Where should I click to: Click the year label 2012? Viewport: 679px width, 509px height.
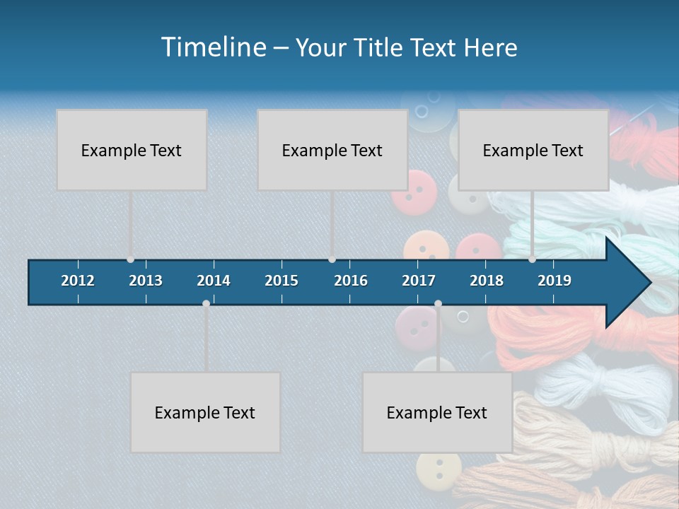click(x=78, y=281)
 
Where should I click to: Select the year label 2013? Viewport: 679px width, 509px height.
click(x=146, y=281)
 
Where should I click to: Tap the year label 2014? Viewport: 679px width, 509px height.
click(x=214, y=281)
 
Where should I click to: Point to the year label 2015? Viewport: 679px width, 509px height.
click(x=282, y=281)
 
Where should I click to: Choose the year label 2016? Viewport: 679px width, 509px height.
click(x=351, y=281)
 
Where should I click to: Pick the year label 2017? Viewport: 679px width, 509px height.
click(x=419, y=281)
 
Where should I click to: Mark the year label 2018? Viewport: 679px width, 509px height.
click(x=487, y=281)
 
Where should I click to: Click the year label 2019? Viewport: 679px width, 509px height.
click(x=555, y=281)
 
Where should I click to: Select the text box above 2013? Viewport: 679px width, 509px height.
click(x=132, y=150)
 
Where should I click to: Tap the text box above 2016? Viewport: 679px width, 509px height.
click(x=332, y=150)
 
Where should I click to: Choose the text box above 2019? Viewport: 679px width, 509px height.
click(x=533, y=150)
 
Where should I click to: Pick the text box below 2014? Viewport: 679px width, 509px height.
click(x=205, y=412)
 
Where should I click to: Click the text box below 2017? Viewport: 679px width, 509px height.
click(x=437, y=412)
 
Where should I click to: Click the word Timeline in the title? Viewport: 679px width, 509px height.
click(x=213, y=47)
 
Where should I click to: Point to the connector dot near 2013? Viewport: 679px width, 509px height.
click(x=130, y=259)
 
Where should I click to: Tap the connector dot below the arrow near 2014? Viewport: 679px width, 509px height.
click(x=206, y=303)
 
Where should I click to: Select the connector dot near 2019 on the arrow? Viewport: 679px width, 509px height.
click(x=532, y=259)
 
